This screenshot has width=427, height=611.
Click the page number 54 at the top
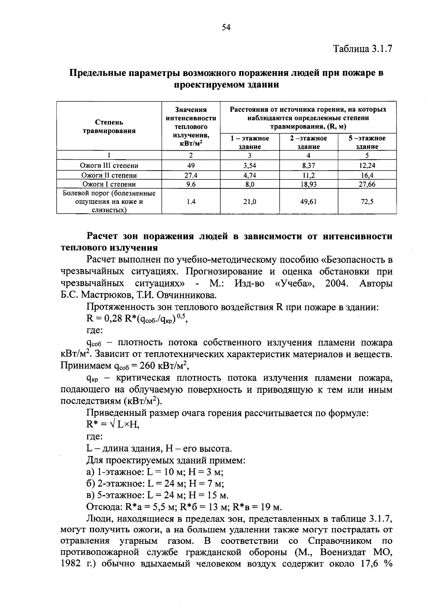(226, 28)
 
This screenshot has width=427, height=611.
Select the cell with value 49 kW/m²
(191, 165)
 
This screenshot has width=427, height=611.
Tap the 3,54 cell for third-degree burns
(249, 165)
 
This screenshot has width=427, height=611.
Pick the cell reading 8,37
(309, 165)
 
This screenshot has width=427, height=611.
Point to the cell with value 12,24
(367, 165)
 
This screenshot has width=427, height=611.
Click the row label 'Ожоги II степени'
(109, 175)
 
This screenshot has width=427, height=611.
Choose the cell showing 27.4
(191, 175)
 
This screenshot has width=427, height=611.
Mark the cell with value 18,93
(309, 184)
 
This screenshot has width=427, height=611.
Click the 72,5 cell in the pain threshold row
(367, 202)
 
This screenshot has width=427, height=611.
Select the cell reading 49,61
(309, 202)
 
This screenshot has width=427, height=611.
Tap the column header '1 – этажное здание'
(249, 142)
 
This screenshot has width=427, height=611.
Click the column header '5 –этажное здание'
(367, 142)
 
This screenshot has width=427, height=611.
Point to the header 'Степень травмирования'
(109, 127)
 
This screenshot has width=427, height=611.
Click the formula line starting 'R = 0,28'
(137, 318)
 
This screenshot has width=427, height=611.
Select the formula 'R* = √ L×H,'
(113, 424)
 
